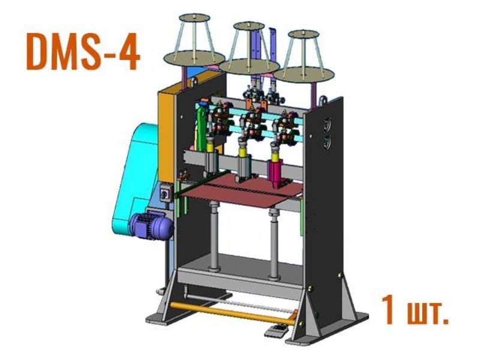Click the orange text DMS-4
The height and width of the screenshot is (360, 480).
tap(83, 52)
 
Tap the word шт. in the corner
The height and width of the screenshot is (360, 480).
tap(428, 314)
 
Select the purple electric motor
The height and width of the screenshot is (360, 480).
tap(151, 226)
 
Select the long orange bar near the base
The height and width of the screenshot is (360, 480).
tap(233, 312)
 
